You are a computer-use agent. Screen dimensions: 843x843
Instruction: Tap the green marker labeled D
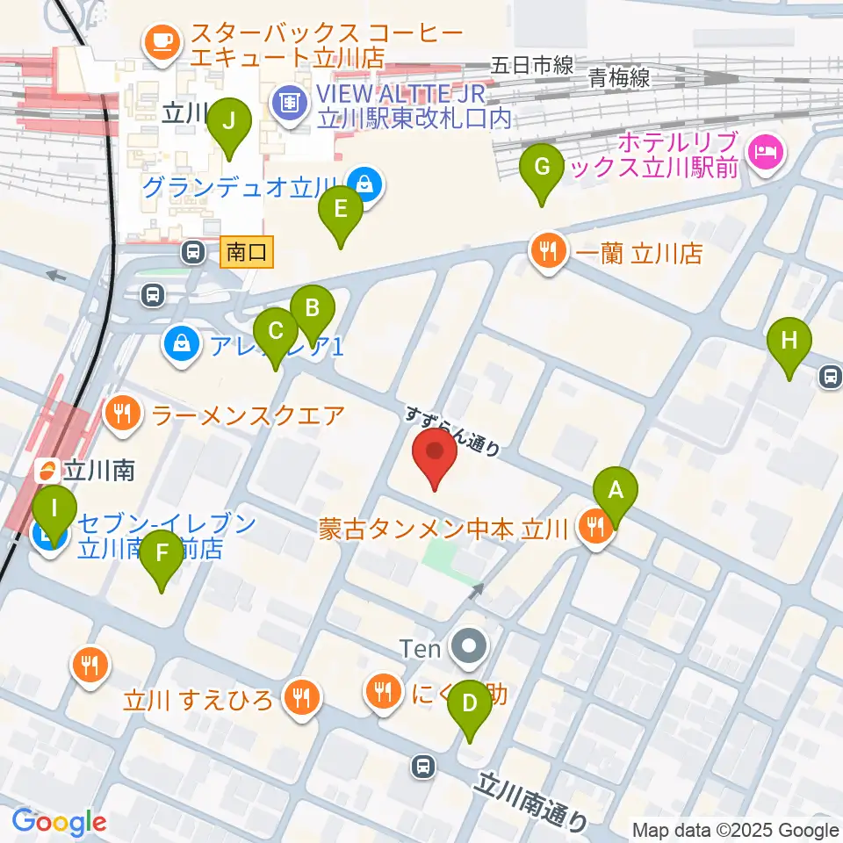(x=470, y=703)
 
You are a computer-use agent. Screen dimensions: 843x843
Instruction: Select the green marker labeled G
(x=542, y=167)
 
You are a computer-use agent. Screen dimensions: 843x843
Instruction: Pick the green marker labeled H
(x=789, y=340)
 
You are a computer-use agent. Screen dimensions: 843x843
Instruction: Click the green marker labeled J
(x=229, y=122)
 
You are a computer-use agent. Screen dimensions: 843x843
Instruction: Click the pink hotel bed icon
(x=764, y=152)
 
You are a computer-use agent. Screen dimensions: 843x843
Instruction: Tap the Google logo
(x=59, y=823)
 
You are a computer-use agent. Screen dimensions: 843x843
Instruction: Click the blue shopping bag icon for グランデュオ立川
(x=362, y=184)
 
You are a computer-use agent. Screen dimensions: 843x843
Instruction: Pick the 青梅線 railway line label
(x=620, y=78)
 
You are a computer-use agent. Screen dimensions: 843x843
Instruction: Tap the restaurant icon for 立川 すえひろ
(x=301, y=698)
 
